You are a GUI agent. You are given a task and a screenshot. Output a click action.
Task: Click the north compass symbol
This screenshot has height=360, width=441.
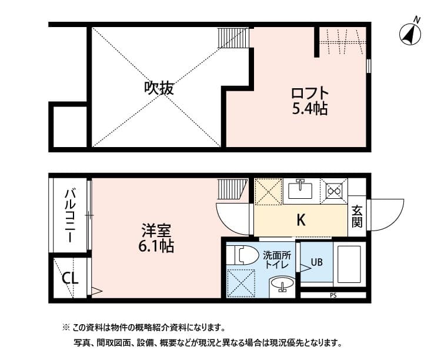pos(411,34)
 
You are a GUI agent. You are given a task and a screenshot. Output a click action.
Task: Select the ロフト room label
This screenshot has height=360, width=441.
pos(309,94)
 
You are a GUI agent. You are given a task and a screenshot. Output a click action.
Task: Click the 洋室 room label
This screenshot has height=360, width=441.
pos(155,229)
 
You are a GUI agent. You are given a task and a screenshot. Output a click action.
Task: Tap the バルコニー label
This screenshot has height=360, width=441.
pos(69,215)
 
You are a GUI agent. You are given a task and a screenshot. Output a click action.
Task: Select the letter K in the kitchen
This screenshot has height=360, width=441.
pos(300,221)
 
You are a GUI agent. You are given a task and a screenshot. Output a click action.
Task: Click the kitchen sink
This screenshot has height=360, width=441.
pos(300,191)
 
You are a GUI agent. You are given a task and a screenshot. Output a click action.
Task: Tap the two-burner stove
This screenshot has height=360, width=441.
pos(334,191)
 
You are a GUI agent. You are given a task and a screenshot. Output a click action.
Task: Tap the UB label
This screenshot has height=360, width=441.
pos(316,262)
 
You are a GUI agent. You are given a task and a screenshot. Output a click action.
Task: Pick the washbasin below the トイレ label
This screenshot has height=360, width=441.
pos(283,287)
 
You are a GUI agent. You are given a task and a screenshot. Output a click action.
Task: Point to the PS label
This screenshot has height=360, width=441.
pos(333,295)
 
